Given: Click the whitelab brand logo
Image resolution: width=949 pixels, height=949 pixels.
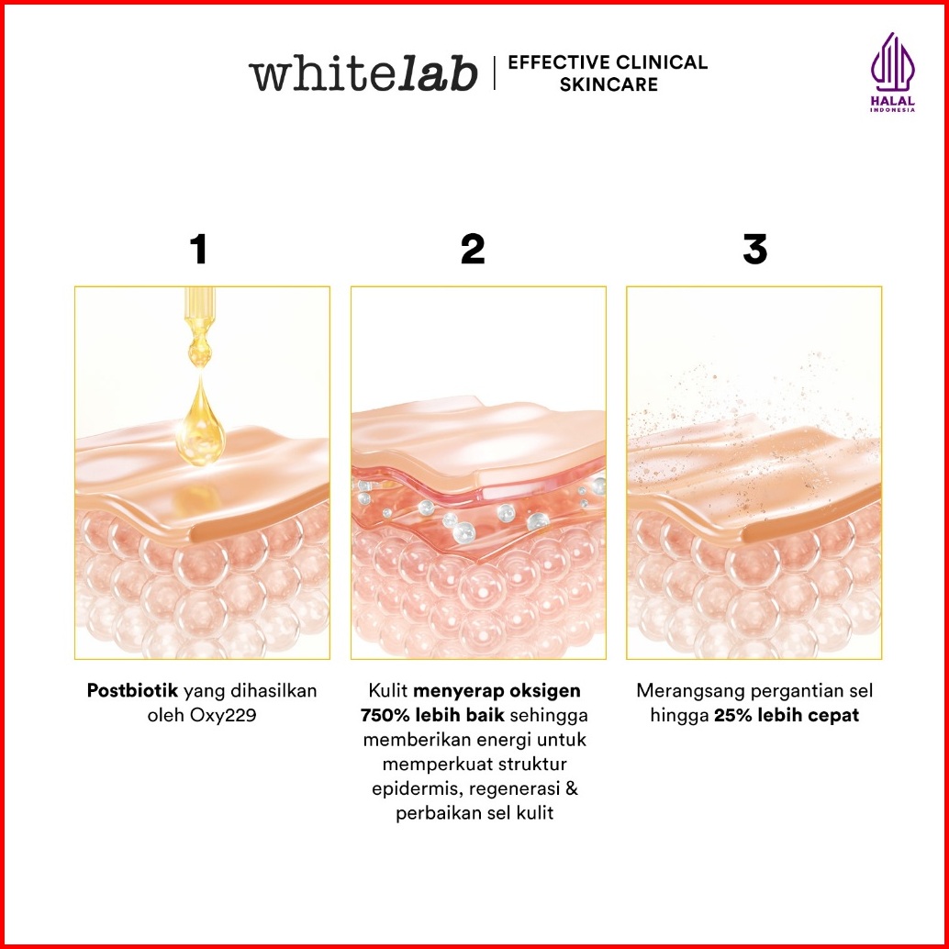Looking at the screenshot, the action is click(363, 73).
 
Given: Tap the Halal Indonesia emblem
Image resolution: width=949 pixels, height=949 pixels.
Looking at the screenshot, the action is click(893, 73).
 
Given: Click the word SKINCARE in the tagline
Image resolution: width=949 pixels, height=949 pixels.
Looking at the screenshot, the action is click(608, 84).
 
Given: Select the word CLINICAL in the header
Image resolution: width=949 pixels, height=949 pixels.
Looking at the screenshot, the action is click(661, 61).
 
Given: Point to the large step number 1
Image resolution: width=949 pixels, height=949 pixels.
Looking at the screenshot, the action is click(198, 249).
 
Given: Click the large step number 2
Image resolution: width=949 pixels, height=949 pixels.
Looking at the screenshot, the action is click(473, 249).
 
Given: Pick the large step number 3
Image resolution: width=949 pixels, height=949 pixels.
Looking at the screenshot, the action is click(754, 249).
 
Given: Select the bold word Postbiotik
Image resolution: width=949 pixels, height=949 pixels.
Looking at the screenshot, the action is click(132, 690).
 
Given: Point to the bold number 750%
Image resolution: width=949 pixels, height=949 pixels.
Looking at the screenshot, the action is click(385, 715).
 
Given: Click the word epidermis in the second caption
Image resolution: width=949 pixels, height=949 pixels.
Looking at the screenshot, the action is click(418, 789).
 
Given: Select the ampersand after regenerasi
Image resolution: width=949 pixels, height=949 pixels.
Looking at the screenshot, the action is click(571, 788).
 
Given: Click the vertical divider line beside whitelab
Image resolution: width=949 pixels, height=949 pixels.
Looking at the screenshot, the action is click(495, 73).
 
